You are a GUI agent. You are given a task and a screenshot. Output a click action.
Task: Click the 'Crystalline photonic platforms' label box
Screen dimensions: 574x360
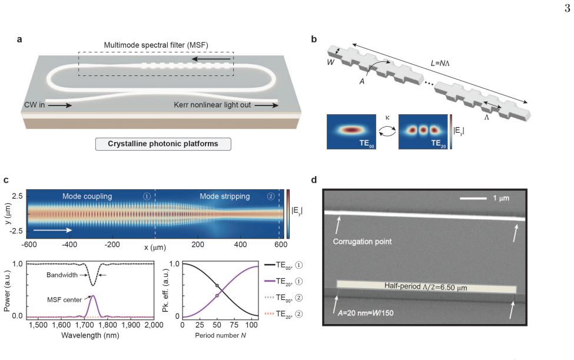pyautogui.click(x=163, y=144)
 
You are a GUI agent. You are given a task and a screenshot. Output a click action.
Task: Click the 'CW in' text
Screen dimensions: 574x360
pyautogui.click(x=34, y=105)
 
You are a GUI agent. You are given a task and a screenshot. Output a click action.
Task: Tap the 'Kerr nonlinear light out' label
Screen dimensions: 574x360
pyautogui.click(x=213, y=105)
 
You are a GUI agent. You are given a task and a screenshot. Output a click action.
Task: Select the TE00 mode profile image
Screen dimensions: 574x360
pyautogui.click(x=351, y=132)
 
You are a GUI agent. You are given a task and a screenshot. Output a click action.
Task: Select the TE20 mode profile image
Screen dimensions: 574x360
pyautogui.click(x=423, y=132)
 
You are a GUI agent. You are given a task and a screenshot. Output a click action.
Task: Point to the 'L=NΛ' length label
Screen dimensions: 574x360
pyautogui.click(x=440, y=64)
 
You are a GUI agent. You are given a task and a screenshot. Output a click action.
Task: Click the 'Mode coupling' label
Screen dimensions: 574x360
pyautogui.click(x=87, y=196)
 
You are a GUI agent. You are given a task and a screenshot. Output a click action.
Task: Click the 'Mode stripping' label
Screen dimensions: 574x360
pyautogui.click(x=225, y=196)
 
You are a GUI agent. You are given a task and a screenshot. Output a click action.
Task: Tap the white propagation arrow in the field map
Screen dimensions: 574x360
pyautogui.click(x=52, y=230)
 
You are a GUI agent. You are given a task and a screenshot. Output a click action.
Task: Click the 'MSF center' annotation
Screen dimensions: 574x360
pyautogui.click(x=64, y=300)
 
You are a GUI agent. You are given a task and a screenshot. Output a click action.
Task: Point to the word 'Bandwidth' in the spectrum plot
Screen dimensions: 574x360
pyautogui.click(x=62, y=275)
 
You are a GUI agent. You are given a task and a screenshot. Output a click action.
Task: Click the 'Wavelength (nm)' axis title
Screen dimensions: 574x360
pyautogui.click(x=91, y=335)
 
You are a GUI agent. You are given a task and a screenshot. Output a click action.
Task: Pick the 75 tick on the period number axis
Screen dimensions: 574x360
pyautogui.click(x=234, y=325)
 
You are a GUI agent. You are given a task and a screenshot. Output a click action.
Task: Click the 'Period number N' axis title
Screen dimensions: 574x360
pyautogui.click(x=220, y=335)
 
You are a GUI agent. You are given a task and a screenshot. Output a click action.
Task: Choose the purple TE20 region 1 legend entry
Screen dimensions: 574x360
pyautogui.click(x=284, y=281)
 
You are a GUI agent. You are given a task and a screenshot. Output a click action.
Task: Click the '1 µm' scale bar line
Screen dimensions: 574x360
pyautogui.click(x=473, y=199)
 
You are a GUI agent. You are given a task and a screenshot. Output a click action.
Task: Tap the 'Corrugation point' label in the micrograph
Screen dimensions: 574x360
pyautogui.click(x=363, y=242)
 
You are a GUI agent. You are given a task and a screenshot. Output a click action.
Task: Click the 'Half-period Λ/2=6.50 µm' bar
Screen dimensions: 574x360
pyautogui.click(x=426, y=287)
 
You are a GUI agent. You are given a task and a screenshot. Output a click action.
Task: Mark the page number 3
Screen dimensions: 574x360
pyautogui.click(x=567, y=8)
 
